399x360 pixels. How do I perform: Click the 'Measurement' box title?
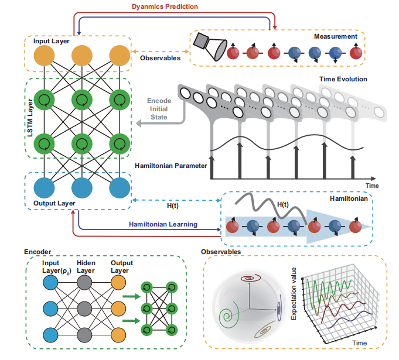click(x=335, y=36)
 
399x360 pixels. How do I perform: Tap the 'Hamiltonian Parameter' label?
click(x=169, y=166)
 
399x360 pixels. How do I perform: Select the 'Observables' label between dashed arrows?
click(x=161, y=58)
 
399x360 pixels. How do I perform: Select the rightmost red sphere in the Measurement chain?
click(x=356, y=53)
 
